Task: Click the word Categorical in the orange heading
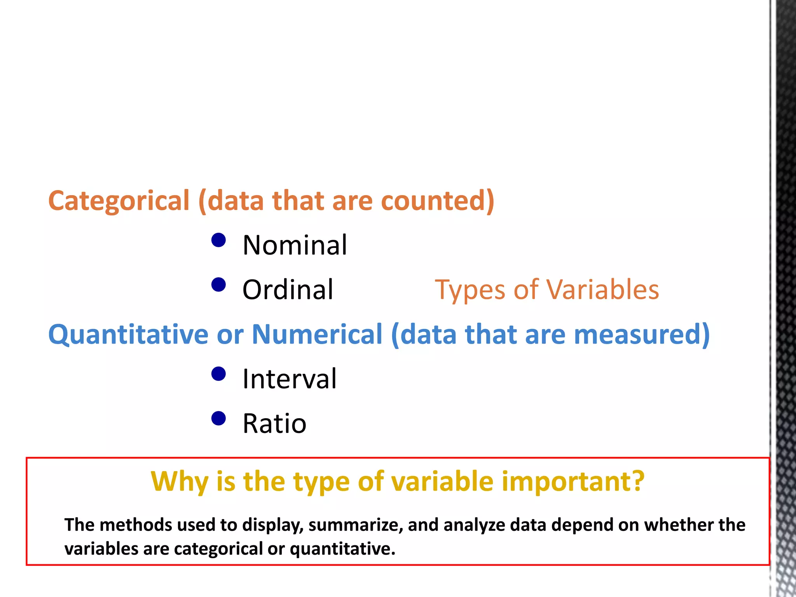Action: click(119, 201)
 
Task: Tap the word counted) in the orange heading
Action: click(437, 201)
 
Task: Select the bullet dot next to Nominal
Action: click(218, 240)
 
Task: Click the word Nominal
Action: click(294, 245)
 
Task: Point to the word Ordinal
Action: click(288, 290)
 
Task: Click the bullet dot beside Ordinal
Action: click(218, 285)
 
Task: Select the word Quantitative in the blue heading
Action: click(128, 334)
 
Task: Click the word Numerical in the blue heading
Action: click(317, 334)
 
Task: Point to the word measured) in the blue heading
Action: click(641, 334)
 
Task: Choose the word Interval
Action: click(289, 379)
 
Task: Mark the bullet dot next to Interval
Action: click(218, 374)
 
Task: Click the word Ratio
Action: click(274, 424)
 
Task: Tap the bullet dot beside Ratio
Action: click(218, 419)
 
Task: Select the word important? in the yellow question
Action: click(573, 482)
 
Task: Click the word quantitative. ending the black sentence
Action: click(342, 549)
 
